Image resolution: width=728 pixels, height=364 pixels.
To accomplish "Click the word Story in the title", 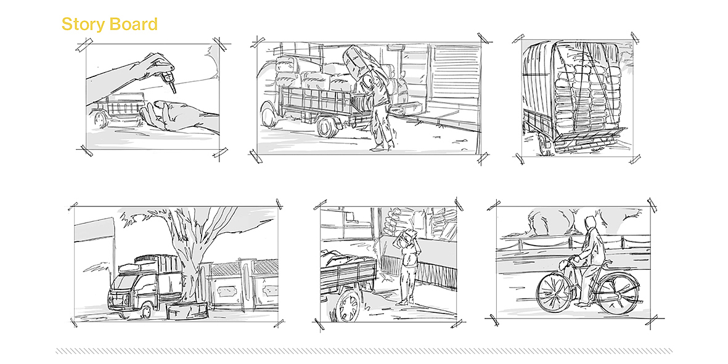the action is (83, 24).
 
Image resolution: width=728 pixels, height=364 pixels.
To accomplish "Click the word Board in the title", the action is (133, 23).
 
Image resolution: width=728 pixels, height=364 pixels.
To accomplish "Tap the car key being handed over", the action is (168, 79).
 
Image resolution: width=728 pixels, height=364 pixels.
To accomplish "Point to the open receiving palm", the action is (167, 116).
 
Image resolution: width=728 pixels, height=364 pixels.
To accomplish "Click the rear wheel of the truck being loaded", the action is (327, 126).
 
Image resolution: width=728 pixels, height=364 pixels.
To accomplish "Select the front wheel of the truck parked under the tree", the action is (145, 310).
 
